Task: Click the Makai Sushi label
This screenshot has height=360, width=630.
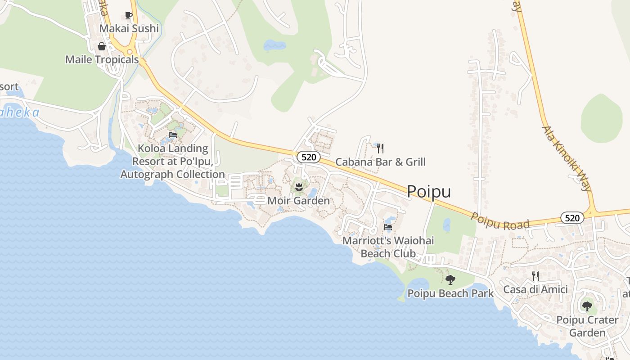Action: (129, 28)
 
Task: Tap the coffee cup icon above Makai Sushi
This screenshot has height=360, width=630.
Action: (129, 16)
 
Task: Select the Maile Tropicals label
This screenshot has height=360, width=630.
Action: (102, 59)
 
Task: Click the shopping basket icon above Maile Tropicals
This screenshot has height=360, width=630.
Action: (102, 46)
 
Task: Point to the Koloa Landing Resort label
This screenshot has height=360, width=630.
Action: (172, 161)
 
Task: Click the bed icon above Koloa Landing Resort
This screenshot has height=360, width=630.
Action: (172, 135)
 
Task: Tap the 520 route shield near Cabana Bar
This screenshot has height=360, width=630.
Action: (309, 157)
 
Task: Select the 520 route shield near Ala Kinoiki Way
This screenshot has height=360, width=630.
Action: (572, 218)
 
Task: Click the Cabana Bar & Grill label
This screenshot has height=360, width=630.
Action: (380, 162)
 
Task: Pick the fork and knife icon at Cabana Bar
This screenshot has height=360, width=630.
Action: (380, 148)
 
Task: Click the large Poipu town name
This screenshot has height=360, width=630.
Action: (429, 192)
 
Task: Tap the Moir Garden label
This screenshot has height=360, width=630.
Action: (298, 201)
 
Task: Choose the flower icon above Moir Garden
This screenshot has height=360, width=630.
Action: (298, 186)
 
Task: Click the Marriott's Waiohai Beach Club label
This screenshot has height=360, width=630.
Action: (388, 247)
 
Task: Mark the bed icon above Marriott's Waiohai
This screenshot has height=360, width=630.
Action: (388, 228)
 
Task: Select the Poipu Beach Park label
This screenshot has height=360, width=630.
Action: (450, 293)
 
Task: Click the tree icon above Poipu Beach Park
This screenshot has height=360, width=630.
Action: (450, 280)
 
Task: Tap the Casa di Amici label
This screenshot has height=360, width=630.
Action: (535, 289)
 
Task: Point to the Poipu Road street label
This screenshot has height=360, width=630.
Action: (500, 221)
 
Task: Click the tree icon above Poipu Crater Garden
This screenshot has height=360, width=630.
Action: (587, 306)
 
